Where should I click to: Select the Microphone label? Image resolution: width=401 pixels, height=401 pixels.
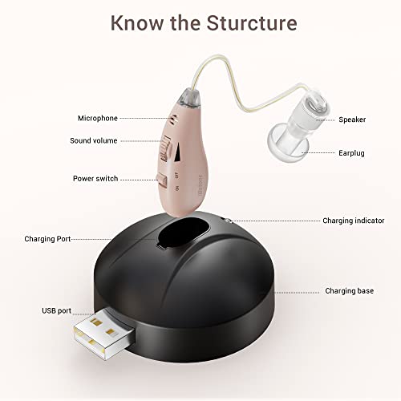[97, 118]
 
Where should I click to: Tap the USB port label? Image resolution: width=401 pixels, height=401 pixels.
[57, 310]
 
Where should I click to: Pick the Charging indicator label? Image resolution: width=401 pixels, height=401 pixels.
[353, 220]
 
